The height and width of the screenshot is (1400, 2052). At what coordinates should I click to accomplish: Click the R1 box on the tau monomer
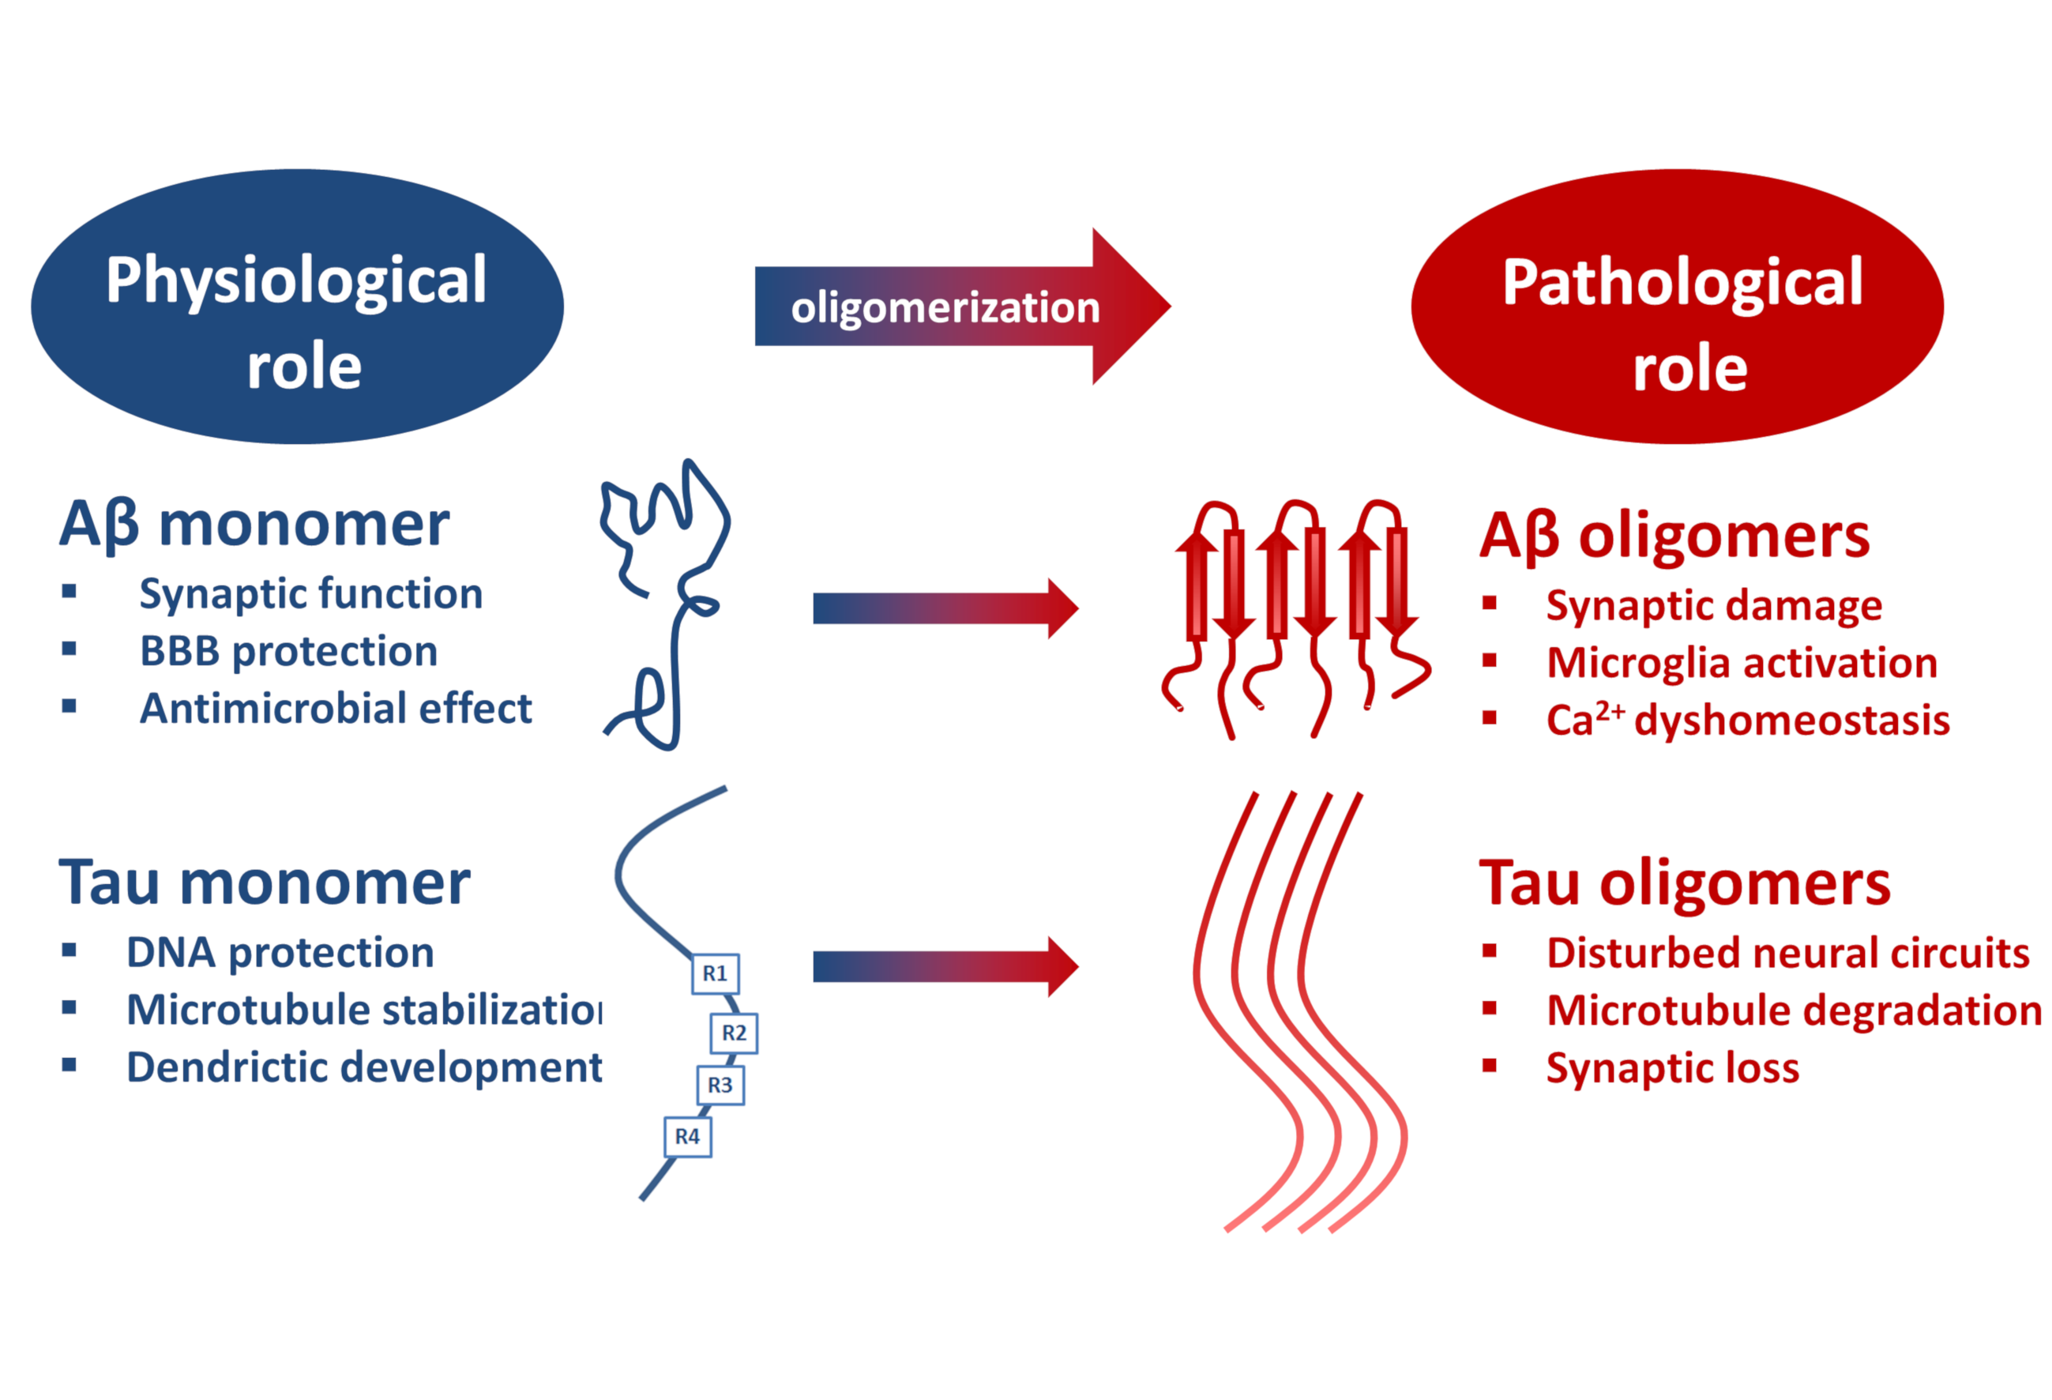714,973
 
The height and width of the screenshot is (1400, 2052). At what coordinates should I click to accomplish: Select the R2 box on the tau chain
734,1033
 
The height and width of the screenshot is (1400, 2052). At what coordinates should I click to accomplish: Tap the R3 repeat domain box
720,1085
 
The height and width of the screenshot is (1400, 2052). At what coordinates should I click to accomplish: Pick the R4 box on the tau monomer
687,1136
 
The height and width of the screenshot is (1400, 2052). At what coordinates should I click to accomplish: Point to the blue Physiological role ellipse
297,307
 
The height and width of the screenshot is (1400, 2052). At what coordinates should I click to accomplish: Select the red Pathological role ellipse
1677,307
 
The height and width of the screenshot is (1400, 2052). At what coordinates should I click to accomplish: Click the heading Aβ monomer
254,525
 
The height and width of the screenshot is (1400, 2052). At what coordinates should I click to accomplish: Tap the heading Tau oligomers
1684,883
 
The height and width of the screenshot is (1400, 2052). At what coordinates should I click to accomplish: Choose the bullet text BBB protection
289,651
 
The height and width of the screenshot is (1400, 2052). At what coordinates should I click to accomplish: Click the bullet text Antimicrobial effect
336,709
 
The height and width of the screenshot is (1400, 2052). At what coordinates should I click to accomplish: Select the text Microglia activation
1741,662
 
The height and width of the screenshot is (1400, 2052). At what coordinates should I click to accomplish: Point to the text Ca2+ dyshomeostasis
1747,720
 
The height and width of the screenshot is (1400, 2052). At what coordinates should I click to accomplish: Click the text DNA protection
280,952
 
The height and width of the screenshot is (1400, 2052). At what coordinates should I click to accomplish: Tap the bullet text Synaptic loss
1671,1067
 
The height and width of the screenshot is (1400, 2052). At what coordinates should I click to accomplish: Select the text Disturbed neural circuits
1787,952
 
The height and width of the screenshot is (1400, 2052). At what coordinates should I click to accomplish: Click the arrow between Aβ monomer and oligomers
944,608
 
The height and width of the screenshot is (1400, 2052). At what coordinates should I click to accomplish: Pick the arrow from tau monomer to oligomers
944,967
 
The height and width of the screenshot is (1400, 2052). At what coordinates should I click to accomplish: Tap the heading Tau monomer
264,883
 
